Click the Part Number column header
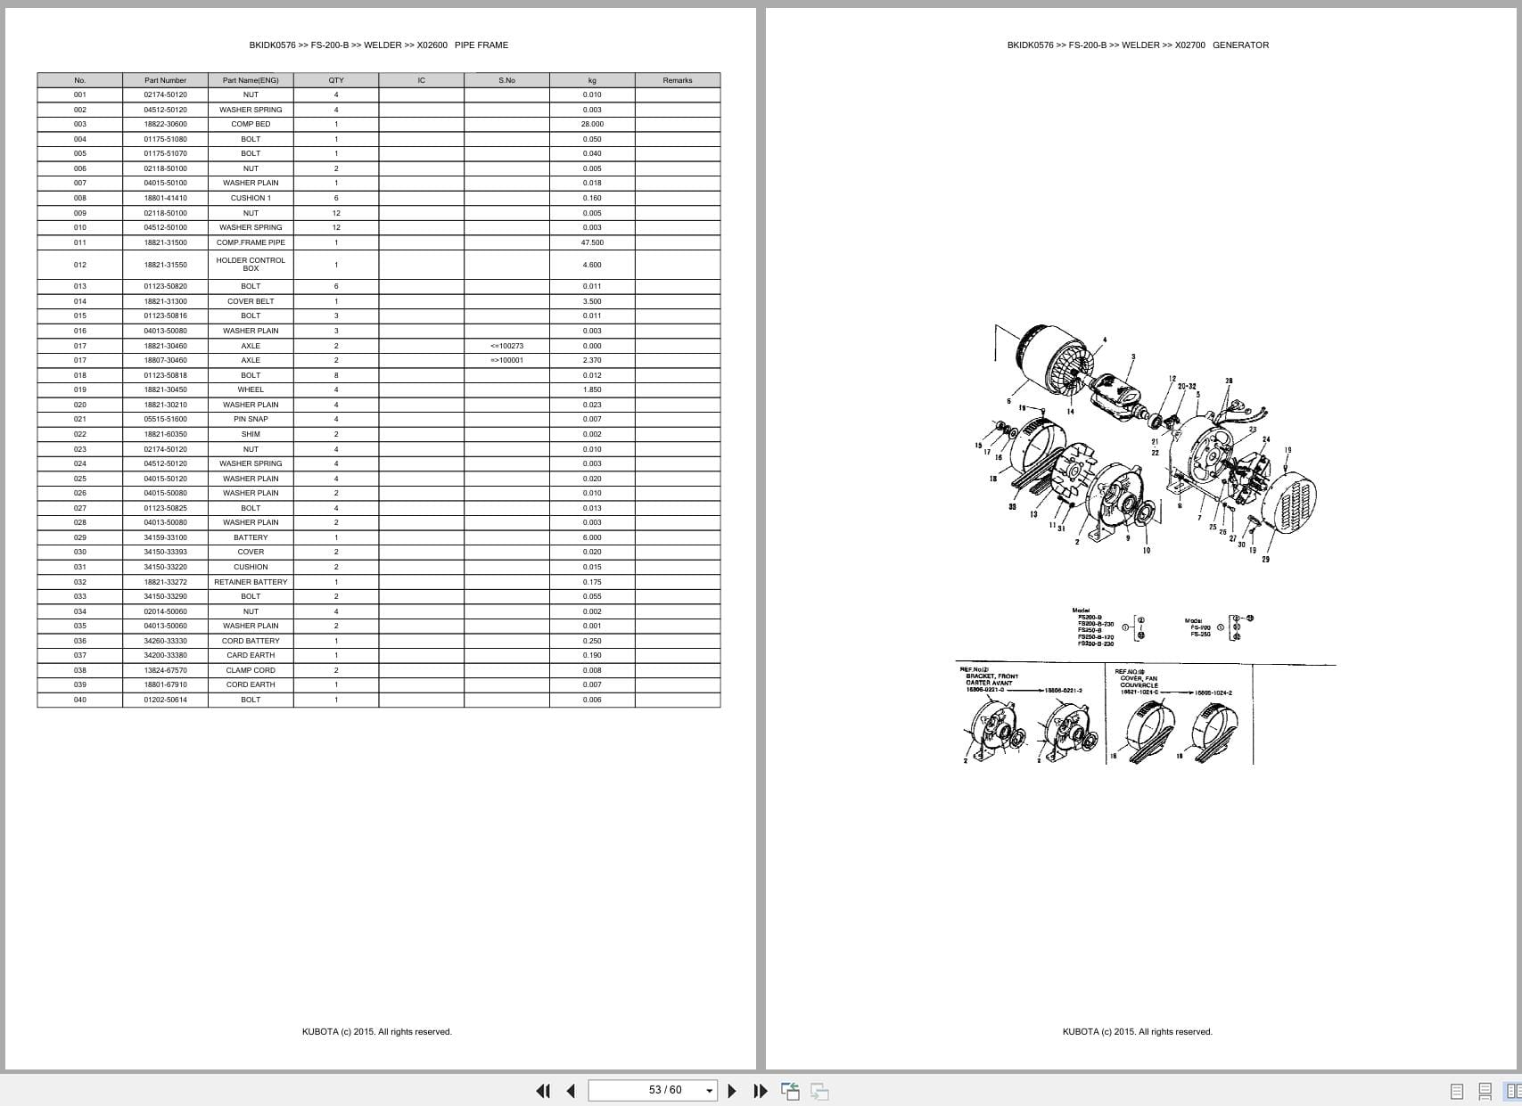[165, 80]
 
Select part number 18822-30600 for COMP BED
[165, 124]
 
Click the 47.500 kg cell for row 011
[592, 242]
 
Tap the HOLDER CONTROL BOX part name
[251, 265]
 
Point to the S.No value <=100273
[506, 346]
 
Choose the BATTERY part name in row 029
[251, 537]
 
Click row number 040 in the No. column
[80, 700]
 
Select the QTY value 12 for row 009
[336, 213]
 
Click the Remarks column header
[677, 80]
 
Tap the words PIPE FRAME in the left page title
[481, 45]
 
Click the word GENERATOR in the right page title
[1240, 45]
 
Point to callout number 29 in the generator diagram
[1265, 559]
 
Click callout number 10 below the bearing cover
[1147, 551]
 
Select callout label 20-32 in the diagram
[1187, 386]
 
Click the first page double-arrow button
[542, 1091]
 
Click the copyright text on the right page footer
[1137, 1032]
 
